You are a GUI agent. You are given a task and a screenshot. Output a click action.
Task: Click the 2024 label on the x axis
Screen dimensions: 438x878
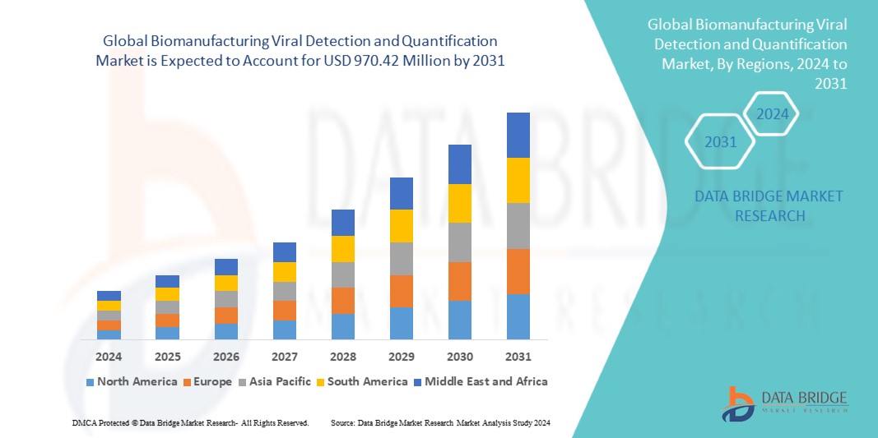[x=109, y=357]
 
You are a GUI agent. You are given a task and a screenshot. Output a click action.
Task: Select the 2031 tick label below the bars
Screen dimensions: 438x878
[x=518, y=357]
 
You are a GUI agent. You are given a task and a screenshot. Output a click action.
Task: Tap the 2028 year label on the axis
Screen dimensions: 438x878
[x=342, y=357]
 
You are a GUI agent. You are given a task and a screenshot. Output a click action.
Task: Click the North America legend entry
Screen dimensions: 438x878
[x=131, y=381]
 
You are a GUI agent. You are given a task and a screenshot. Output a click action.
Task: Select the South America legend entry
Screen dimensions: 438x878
[x=361, y=381]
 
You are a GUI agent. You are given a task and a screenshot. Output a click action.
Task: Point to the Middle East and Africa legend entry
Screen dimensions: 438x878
[x=481, y=381]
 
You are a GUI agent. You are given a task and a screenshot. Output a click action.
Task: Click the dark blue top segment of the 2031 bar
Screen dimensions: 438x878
[x=518, y=135]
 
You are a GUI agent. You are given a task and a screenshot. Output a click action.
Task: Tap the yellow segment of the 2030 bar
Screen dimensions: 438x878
[x=459, y=203]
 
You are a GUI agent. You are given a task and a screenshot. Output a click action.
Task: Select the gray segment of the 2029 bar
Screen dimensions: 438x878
[x=401, y=258]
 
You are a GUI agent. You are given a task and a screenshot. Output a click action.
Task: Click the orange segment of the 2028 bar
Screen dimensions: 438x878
[x=342, y=300]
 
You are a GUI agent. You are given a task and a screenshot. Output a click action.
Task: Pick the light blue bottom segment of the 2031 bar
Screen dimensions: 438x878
[x=518, y=316]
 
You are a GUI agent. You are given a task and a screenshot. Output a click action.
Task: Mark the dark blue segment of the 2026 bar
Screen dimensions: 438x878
[x=225, y=266]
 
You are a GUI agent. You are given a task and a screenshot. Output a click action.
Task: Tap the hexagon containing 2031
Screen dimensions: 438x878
[x=721, y=142]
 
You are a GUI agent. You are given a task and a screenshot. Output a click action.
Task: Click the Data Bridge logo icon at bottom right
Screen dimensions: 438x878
[x=739, y=403]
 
